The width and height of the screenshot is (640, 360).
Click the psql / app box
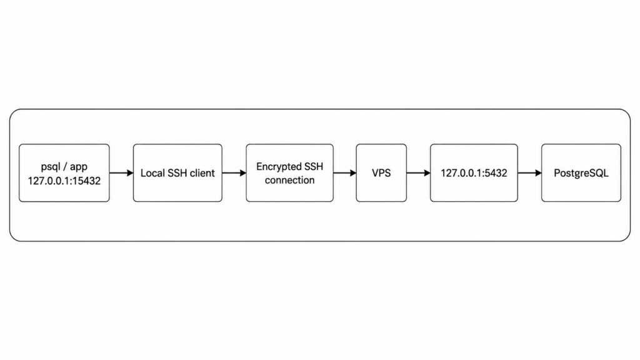64,172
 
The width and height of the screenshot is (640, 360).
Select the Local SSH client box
177,172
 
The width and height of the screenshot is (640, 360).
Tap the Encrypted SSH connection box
289,172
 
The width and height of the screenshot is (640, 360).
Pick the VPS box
381,172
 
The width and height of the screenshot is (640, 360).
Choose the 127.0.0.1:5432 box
474,172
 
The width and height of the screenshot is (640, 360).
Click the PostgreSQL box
581,172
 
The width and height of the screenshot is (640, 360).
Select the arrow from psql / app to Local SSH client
122,173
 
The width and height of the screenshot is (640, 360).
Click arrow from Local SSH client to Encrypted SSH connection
234,173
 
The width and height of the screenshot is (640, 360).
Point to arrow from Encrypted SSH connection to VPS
345,173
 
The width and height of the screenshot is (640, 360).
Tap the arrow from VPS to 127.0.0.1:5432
419,173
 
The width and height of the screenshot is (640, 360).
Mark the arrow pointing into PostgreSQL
530,173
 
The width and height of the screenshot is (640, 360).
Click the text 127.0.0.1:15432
64,181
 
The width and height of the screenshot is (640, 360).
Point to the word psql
51,167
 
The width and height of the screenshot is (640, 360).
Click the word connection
289,180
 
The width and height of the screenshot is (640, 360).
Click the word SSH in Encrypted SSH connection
314,166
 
